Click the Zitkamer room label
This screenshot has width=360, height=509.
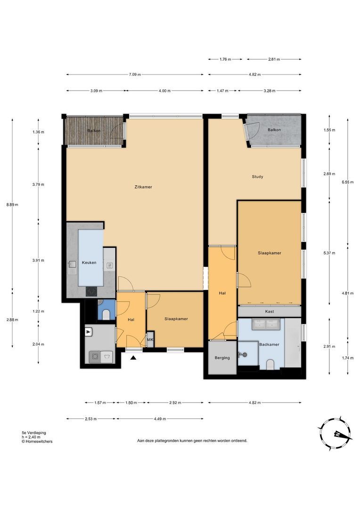(143, 187)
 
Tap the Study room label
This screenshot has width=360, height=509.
(257, 177)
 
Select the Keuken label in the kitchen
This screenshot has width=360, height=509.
(89, 263)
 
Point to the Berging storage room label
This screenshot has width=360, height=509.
(222, 358)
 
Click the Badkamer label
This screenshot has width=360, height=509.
(269, 345)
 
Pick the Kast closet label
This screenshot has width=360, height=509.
(270, 312)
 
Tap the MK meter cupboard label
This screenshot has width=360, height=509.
(150, 339)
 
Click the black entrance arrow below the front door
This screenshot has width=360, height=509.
(133, 358)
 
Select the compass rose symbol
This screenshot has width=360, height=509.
(335, 434)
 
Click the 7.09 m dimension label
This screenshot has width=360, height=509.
(135, 74)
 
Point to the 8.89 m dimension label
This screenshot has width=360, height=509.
(12, 205)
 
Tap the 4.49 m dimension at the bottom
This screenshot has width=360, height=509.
(160, 419)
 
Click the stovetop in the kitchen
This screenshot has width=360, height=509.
(91, 292)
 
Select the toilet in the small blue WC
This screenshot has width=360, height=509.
(106, 314)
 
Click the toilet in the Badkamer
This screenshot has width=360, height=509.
(270, 364)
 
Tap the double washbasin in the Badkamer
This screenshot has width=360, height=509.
(266, 324)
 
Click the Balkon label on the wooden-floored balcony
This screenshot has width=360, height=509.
(94, 131)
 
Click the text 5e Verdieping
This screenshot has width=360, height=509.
(34, 433)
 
